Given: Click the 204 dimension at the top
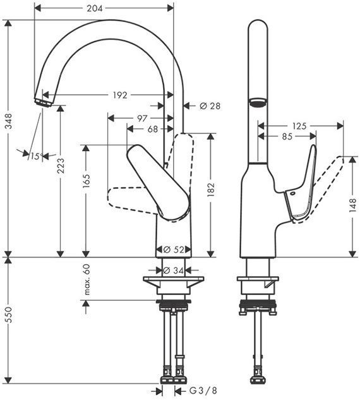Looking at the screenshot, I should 103,8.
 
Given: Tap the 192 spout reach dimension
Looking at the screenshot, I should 120,95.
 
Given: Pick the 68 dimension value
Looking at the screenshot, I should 152,129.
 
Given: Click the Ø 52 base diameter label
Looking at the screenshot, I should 173,250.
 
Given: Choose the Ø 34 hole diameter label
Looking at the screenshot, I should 173,270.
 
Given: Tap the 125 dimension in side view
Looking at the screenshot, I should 299,126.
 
